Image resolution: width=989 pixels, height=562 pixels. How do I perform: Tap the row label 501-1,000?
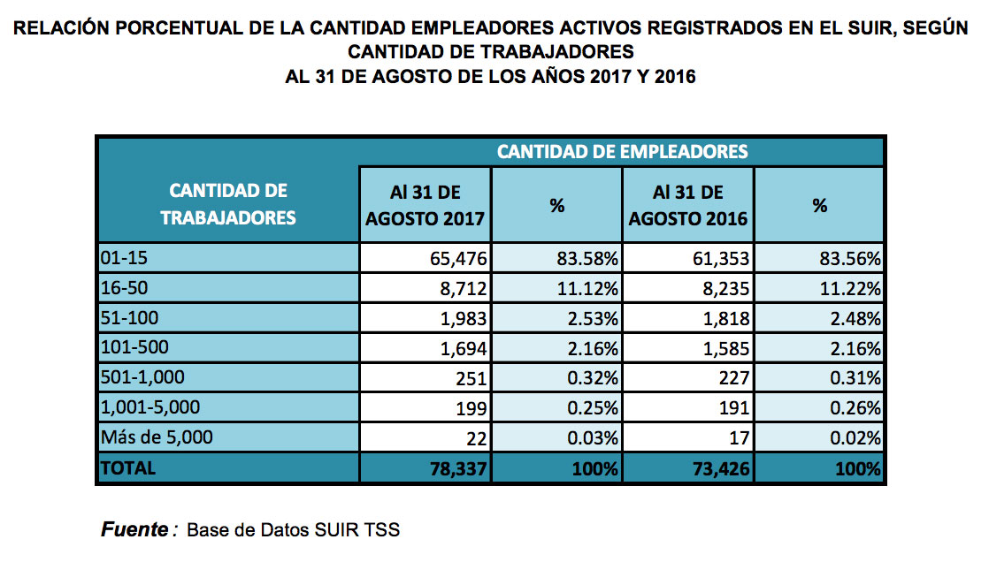(142, 378)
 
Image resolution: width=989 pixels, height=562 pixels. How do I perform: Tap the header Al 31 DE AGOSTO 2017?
(425, 205)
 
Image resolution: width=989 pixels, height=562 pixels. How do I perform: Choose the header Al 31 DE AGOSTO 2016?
(688, 205)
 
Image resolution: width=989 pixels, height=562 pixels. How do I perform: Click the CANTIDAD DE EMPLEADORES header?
(622, 151)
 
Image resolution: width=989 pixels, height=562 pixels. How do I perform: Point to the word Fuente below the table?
(134, 530)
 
